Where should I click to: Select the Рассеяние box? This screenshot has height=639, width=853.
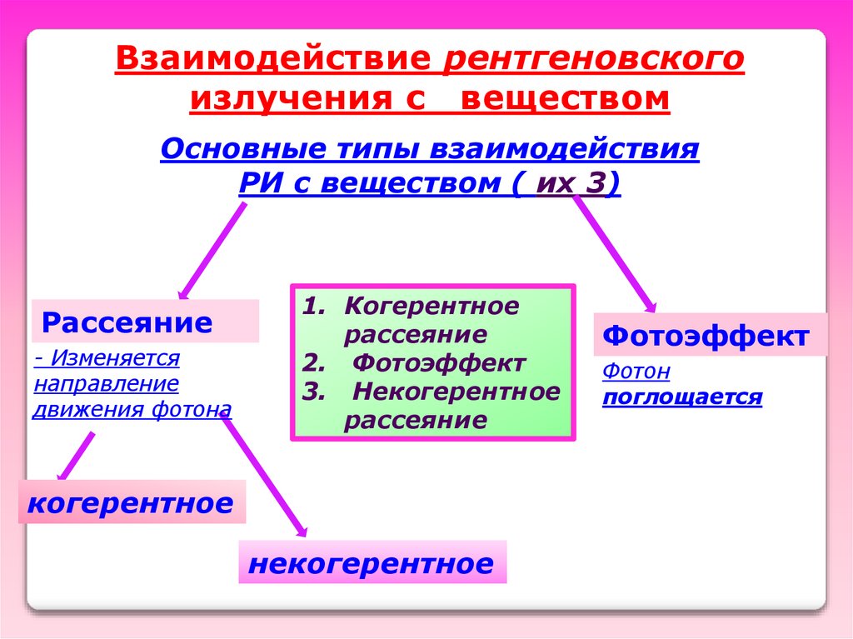click(145, 322)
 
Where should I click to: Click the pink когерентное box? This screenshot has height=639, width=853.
click(132, 502)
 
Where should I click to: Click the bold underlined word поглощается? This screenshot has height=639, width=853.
click(682, 397)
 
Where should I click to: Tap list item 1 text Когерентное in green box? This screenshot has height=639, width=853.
click(431, 306)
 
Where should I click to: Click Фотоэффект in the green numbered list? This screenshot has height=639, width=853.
click(438, 363)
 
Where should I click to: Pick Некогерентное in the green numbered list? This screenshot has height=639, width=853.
click(456, 392)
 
